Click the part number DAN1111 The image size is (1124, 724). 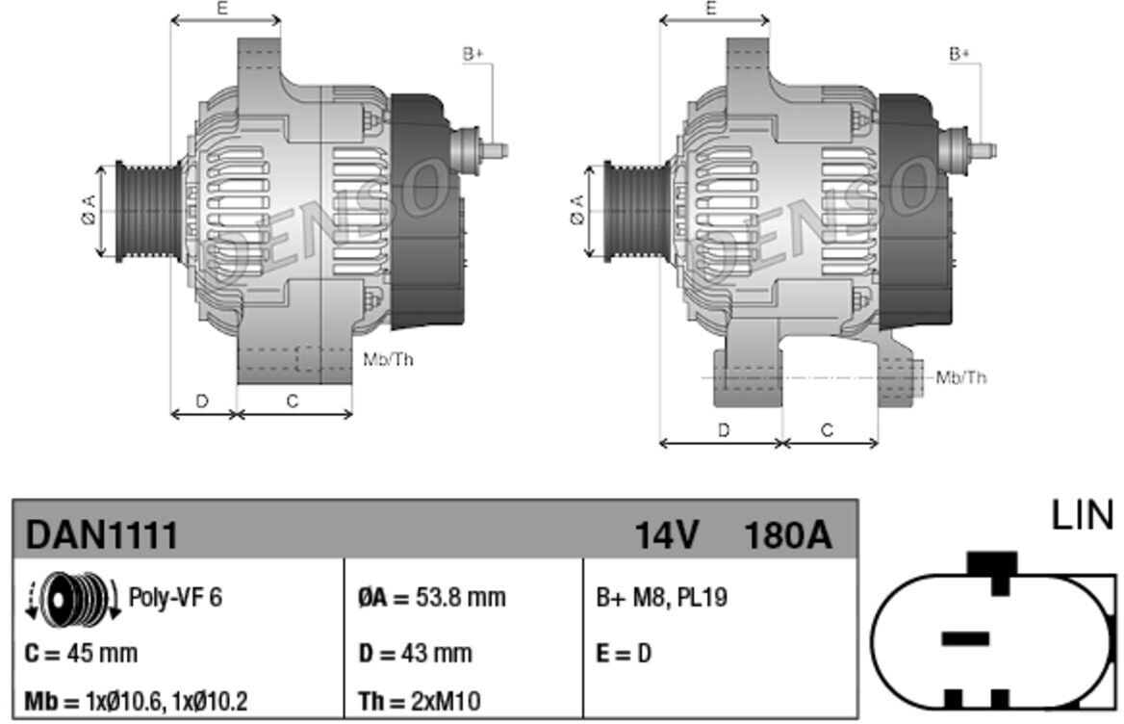tap(101, 534)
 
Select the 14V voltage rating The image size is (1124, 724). tap(666, 534)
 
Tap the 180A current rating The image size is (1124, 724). tap(788, 534)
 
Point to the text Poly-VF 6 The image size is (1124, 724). tap(175, 597)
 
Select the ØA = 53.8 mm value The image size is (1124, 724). tap(431, 597)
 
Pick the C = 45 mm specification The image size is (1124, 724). tap(81, 653)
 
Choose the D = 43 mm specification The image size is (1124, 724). tap(415, 653)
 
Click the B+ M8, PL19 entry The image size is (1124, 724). tap(662, 597)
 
